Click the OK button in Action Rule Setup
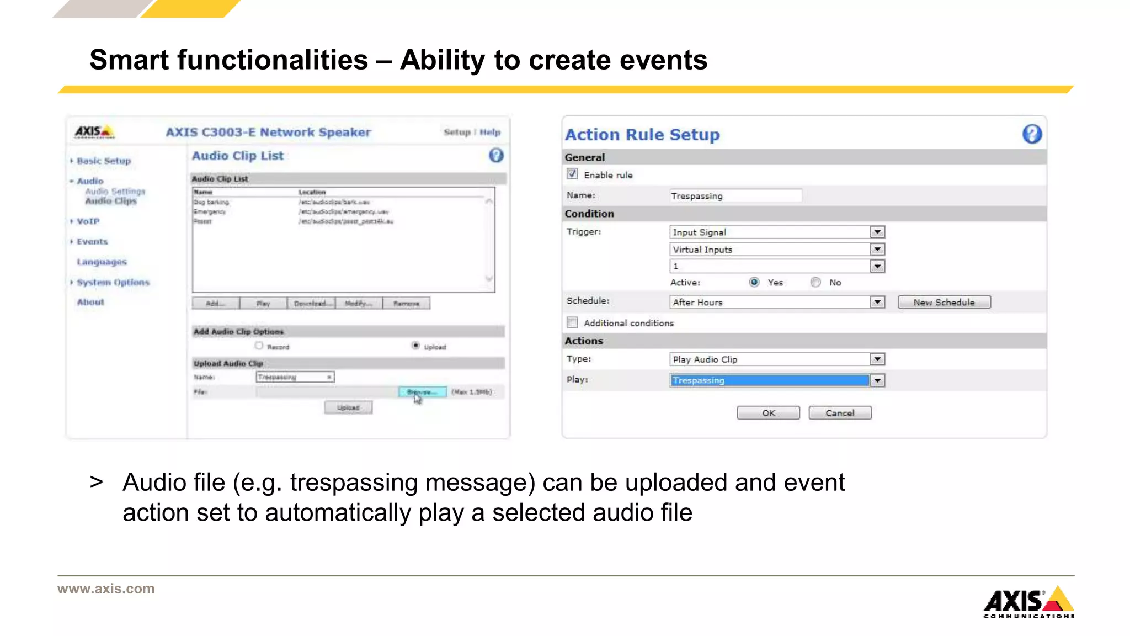[768, 413]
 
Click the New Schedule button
[944, 302]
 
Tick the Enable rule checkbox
[572, 174]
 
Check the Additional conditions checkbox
[572, 322]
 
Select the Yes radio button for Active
[754, 282]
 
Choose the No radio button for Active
[815, 282]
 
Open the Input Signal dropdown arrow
[877, 232]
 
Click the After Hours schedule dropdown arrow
[877, 302]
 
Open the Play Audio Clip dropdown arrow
[877, 359]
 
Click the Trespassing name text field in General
[735, 196]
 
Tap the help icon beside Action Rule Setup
[1032, 134]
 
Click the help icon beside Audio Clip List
[496, 156]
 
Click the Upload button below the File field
[348, 407]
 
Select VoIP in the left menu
[88, 221]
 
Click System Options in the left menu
[113, 282]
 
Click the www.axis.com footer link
[106, 589]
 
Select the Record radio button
[259, 346]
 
